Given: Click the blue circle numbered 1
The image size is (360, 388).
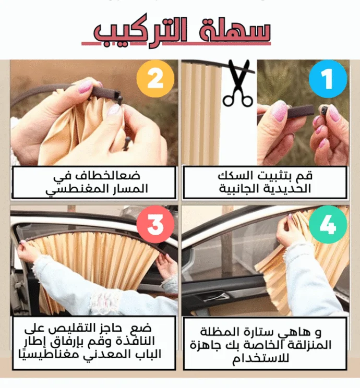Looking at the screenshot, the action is tap(328, 79).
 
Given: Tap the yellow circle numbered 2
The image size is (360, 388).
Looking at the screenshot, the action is tap(155, 79).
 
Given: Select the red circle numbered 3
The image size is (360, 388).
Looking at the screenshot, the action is tap(155, 224).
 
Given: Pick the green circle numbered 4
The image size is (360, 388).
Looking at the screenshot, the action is tap(328, 224).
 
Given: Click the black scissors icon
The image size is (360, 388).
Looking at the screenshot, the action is tap(238, 83).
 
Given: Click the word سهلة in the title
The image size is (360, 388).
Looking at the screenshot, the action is tap(235, 32).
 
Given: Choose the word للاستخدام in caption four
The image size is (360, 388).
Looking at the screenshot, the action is tap(260, 358).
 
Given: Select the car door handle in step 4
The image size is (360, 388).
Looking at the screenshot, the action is tap(218, 296).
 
